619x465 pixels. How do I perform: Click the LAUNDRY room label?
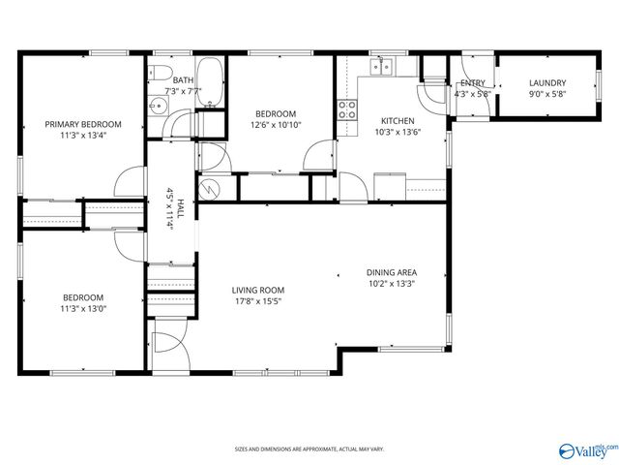click(x=546, y=83)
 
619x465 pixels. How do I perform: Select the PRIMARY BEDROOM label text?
click(x=83, y=124)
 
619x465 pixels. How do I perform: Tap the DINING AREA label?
click(x=391, y=272)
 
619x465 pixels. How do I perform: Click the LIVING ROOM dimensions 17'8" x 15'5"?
click(x=256, y=300)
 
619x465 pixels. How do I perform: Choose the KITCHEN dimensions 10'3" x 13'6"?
click(x=397, y=133)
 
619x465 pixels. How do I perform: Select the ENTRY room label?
click(x=472, y=83)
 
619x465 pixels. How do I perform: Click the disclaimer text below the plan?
click(x=309, y=449)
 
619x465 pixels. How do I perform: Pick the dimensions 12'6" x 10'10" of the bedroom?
click(x=276, y=125)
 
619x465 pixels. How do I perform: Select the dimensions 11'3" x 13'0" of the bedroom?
click(x=83, y=309)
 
